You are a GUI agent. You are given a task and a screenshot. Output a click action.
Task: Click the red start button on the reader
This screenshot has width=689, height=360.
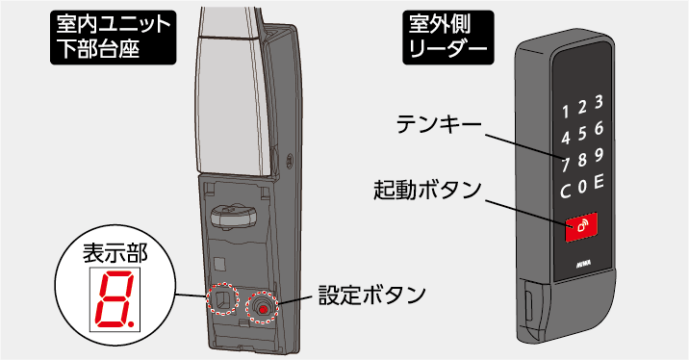click(581, 226)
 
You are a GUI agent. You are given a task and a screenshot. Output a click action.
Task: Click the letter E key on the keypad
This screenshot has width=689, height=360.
click(599, 181)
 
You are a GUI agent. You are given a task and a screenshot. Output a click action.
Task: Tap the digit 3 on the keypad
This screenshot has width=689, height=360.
click(599, 101)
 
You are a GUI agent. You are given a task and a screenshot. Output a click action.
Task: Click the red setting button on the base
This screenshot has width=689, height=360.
click(260, 309)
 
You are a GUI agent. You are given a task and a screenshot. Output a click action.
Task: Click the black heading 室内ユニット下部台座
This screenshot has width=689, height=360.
click(113, 36)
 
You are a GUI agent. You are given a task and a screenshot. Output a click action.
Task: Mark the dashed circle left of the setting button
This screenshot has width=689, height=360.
click(222, 300)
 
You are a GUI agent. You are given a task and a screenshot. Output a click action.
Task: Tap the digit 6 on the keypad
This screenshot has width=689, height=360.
click(599, 128)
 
